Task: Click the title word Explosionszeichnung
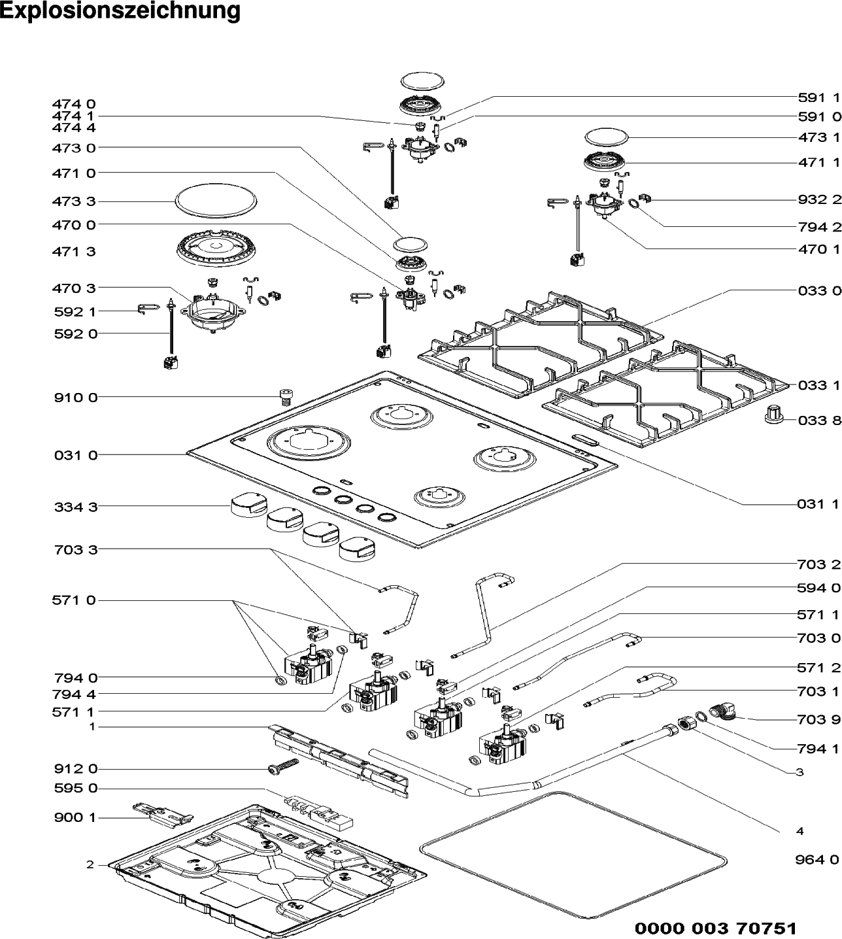pos(120,10)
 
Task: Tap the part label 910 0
pos(76,397)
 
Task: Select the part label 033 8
pos(819,420)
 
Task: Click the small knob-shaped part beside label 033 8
pos(774,413)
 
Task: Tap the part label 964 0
pos(817,860)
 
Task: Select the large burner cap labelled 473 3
pos(216,202)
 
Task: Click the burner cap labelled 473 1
pos(606,138)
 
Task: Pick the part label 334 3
pos(76,507)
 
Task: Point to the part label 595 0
pos(76,789)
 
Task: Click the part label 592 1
pos(75,311)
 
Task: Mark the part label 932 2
pos(820,199)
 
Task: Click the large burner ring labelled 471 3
pos(216,250)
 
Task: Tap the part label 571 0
pos(74,600)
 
